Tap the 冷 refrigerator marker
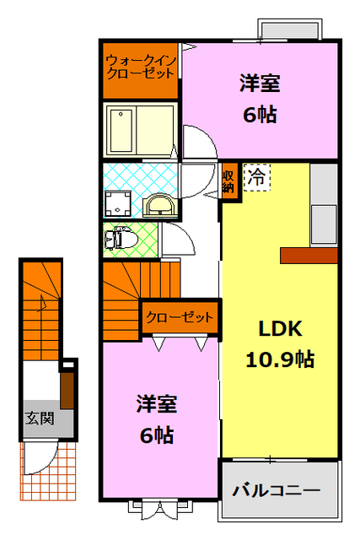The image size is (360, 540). coord(256,177)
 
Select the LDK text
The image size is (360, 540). coord(273,329)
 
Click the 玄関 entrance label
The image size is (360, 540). coord(39,418)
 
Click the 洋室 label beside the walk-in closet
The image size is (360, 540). coord(260,84)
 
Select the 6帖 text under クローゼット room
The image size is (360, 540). coord(157,435)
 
